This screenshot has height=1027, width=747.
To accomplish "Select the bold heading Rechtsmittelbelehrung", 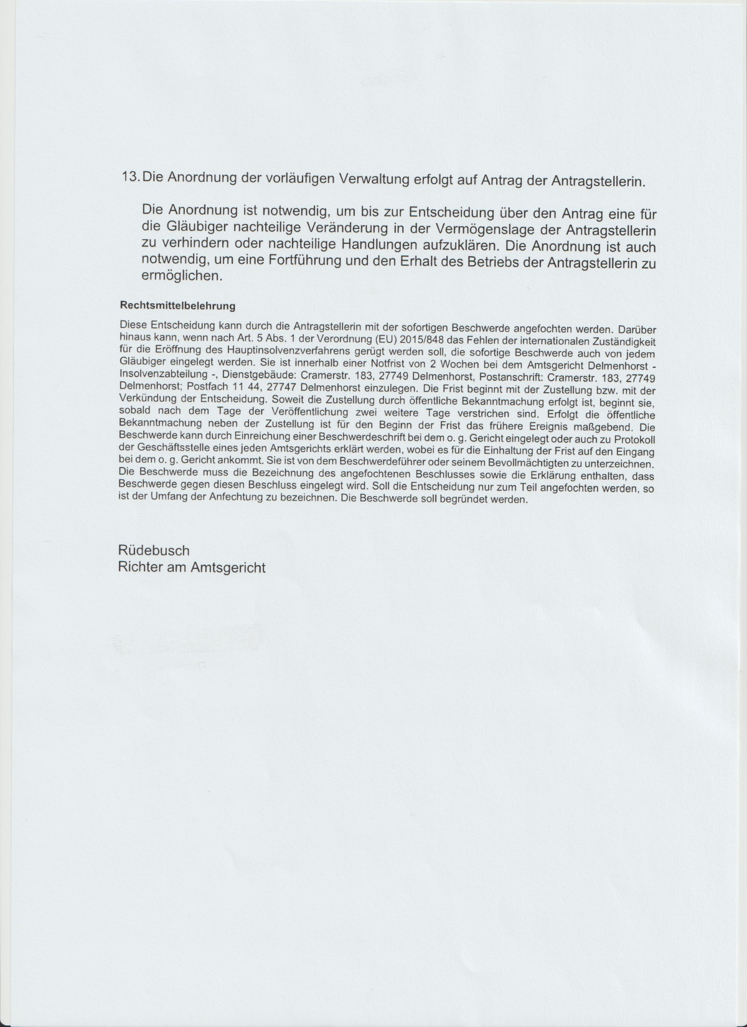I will click(x=177, y=306).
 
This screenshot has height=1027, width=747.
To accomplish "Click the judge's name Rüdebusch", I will click(x=154, y=550).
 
